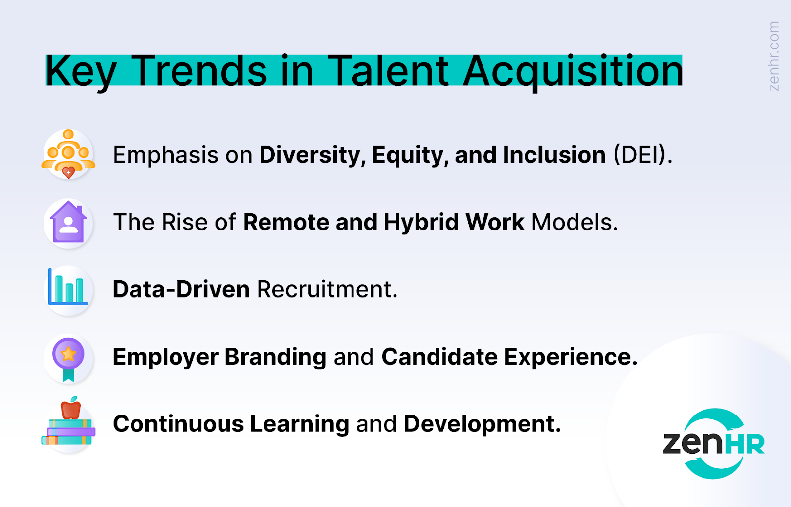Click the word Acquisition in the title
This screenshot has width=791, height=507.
point(572,72)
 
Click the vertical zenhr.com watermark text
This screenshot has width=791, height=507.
point(774,56)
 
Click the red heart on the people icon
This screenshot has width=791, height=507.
point(68,173)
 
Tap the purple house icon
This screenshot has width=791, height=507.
point(68,222)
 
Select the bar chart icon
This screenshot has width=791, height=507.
point(68,286)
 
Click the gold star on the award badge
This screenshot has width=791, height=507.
point(68,354)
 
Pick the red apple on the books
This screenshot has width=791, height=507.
point(71,408)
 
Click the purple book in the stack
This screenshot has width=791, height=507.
point(71,432)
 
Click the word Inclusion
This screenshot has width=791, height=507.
point(554,155)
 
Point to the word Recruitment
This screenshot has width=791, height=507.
point(327,289)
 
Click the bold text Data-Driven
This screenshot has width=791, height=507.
point(181,289)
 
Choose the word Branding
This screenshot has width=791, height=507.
point(275,357)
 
